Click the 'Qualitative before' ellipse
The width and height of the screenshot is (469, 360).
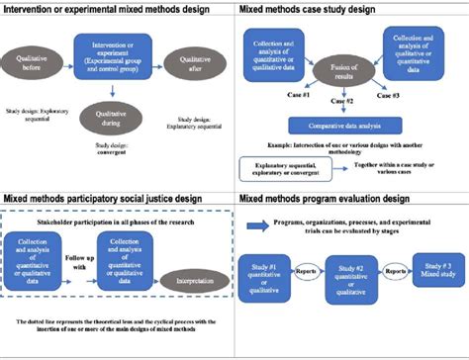34,58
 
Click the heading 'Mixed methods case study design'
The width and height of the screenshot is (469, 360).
305,8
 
